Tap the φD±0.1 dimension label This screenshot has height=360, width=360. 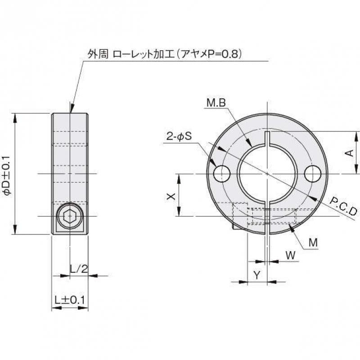coord(6,175)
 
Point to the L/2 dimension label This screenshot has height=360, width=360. coord(79,269)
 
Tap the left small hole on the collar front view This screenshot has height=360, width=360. coord(222,174)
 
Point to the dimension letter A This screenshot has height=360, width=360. coord(349,153)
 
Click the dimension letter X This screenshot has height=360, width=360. coord(170,196)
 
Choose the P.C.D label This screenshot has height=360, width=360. coord(343,206)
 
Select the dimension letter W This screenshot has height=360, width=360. coord(291,255)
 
